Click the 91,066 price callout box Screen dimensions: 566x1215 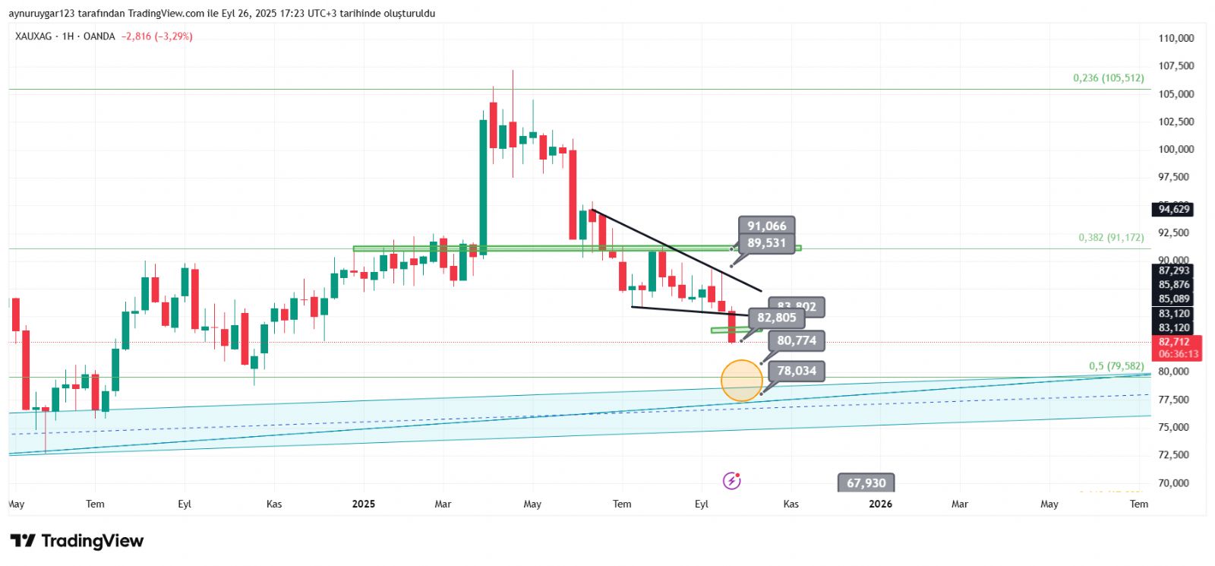pyautogui.click(x=766, y=226)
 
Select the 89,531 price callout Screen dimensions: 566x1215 pyautogui.click(x=766, y=243)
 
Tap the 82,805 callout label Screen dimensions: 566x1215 pyautogui.click(x=776, y=318)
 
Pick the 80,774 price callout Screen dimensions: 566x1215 pyautogui.click(x=797, y=340)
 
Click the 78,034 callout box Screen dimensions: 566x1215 pyautogui.click(x=797, y=371)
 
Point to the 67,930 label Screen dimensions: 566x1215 pyautogui.click(x=866, y=483)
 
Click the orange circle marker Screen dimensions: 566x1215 pyautogui.click(x=741, y=381)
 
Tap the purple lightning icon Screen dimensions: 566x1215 pyautogui.click(x=731, y=480)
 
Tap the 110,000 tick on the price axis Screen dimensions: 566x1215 pyautogui.click(x=1176, y=38)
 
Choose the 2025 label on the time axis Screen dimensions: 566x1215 pyautogui.click(x=364, y=504)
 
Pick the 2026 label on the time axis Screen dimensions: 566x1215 pyautogui.click(x=880, y=504)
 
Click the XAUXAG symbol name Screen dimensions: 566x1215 pyautogui.click(x=33, y=36)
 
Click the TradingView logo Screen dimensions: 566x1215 pyautogui.click(x=77, y=541)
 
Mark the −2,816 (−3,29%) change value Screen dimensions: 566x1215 pyautogui.click(x=156, y=36)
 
